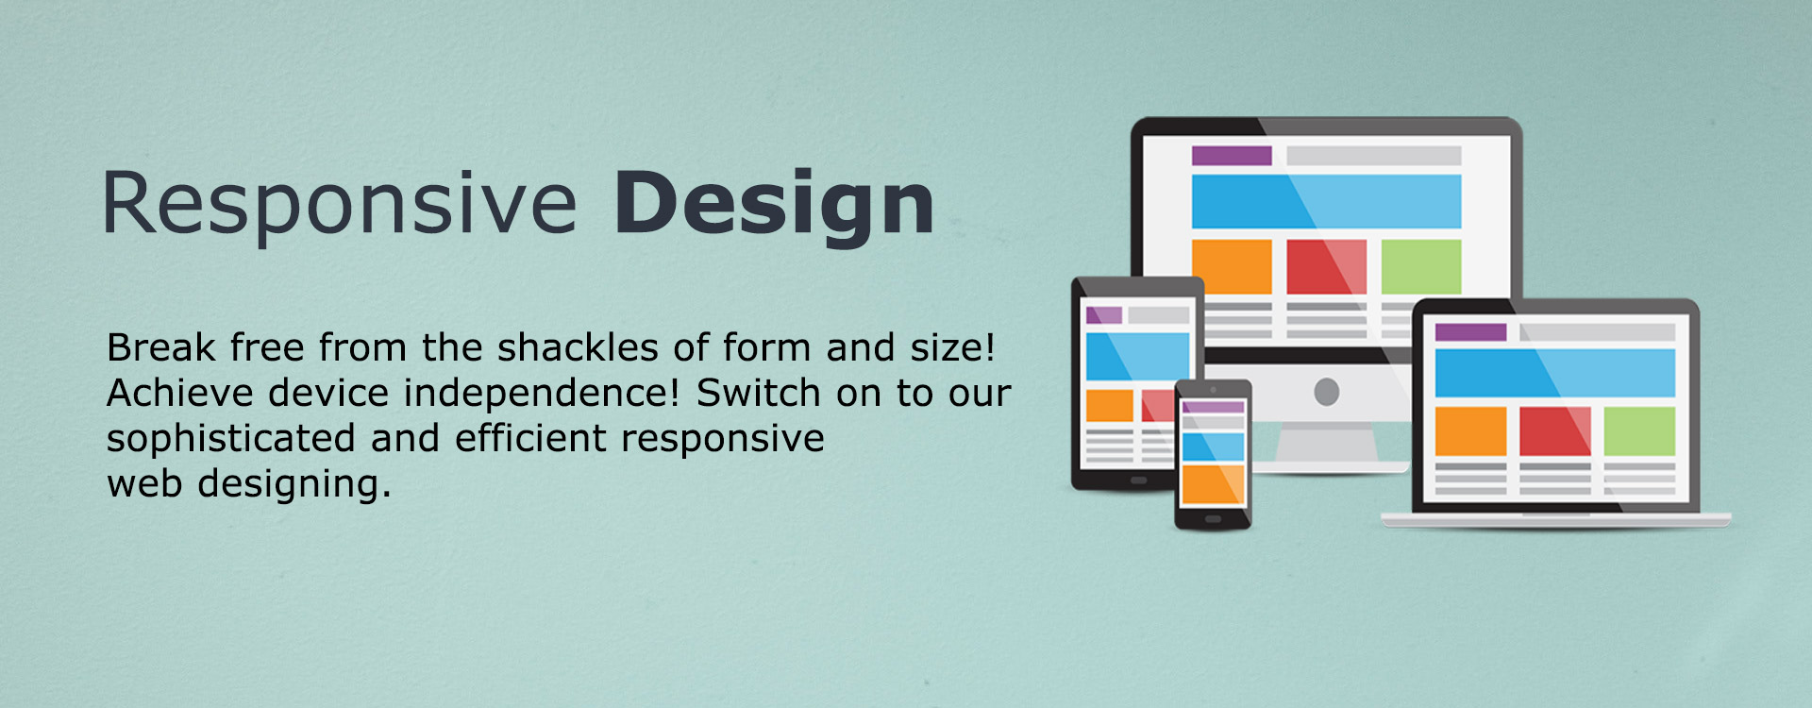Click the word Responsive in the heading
click(x=339, y=204)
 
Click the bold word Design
click(x=774, y=204)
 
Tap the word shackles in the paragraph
click(x=578, y=347)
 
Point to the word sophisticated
click(x=231, y=439)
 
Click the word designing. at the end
click(x=294, y=484)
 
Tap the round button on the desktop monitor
click(x=1327, y=391)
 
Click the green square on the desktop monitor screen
click(x=1421, y=266)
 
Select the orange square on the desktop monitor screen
click(x=1232, y=266)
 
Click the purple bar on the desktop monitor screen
click(x=1232, y=156)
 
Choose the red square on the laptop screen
click(x=1555, y=431)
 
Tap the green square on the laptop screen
click(x=1639, y=431)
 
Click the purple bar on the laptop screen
click(x=1470, y=332)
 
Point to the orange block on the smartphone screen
click(x=1214, y=484)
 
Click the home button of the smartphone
click(x=1214, y=519)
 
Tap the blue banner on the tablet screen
click(x=1137, y=356)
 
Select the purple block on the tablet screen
click(x=1104, y=315)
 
